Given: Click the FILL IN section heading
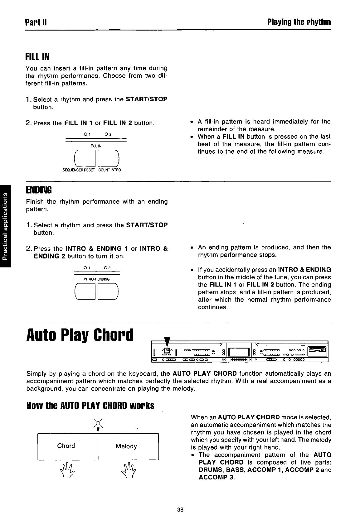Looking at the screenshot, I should tap(37, 57).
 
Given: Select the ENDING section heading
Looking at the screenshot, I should tap(38, 190).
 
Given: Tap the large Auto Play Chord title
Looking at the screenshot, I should tap(80, 335).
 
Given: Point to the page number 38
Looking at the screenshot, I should tap(180, 510).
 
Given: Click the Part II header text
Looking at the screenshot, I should tap(36, 22).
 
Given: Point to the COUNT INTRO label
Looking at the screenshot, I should tap(109, 170).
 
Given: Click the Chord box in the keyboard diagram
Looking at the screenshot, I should tap(66, 446).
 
